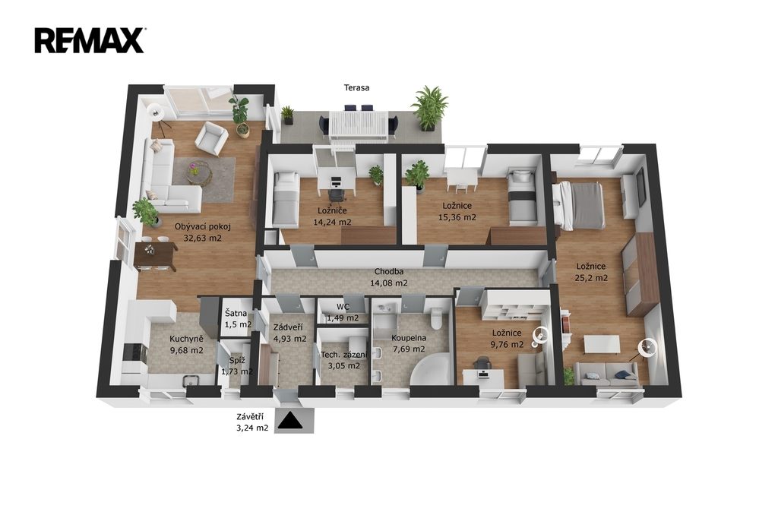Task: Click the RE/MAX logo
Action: [x=90, y=41]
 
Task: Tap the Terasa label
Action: [x=357, y=88]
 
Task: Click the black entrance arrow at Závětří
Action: [x=289, y=421]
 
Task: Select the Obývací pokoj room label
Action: [x=202, y=227]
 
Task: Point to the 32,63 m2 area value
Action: [x=202, y=238]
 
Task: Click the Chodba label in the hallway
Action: [x=388, y=272]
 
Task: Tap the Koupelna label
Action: [x=409, y=339]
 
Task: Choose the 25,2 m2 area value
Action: [x=591, y=278]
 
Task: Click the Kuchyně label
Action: [x=186, y=340]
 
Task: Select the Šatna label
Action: [x=236, y=313]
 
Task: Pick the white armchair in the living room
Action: [x=211, y=138]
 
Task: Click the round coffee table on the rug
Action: [x=198, y=173]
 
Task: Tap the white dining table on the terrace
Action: [x=359, y=126]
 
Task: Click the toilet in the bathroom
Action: [x=437, y=318]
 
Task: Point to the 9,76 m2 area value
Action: [x=507, y=344]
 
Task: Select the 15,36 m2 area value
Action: [x=457, y=217]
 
